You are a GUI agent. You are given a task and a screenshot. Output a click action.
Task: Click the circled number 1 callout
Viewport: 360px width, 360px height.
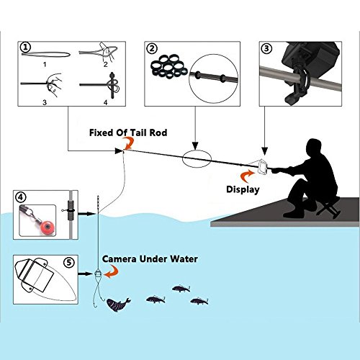point(25,48)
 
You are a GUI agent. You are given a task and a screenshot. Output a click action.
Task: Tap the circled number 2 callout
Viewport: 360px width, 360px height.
point(152,49)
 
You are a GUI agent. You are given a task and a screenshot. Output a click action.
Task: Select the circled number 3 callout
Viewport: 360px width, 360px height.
point(266,48)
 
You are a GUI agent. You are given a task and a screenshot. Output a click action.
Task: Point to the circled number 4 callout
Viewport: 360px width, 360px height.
point(20,197)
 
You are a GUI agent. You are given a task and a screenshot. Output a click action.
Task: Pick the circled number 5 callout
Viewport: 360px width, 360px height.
point(69,263)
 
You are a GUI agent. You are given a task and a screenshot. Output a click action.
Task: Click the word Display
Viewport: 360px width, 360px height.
point(243,189)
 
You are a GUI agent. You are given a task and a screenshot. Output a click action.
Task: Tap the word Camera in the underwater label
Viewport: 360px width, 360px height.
point(120,259)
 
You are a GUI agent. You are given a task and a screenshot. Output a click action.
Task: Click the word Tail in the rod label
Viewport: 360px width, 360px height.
point(138,132)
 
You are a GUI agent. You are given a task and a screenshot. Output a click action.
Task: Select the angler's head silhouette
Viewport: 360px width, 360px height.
point(314,148)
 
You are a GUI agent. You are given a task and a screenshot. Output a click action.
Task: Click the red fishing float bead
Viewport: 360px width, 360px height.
point(48,226)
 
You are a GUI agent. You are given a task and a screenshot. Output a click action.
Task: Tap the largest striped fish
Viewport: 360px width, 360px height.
point(118,305)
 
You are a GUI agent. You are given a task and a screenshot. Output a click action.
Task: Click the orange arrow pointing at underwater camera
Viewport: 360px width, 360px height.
point(112,271)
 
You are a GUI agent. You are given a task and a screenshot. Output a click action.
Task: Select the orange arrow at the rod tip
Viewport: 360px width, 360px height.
point(129,143)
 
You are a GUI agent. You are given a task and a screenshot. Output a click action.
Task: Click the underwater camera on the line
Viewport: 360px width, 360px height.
point(98,274)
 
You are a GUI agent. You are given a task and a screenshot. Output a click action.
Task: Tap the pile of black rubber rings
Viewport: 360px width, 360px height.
point(169,67)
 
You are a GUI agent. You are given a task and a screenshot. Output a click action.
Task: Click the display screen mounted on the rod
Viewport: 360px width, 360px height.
point(262,167)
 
